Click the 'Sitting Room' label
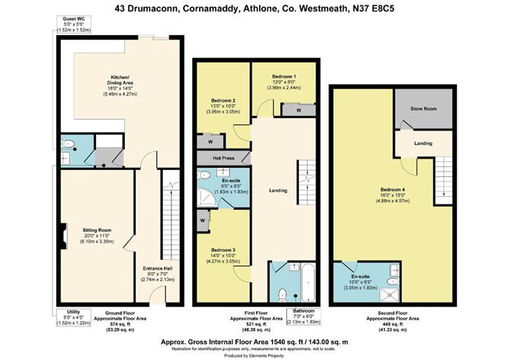coord(97,227)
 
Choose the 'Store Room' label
coord(424,110)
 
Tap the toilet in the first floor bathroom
coord(280,294)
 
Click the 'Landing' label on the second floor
coord(424,143)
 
